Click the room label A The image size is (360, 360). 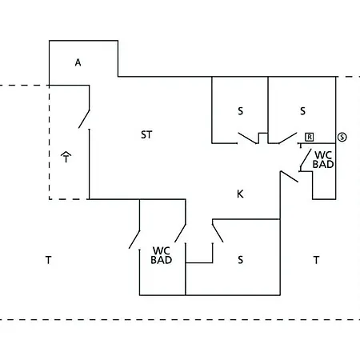(78, 62)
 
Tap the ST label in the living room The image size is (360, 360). (146, 134)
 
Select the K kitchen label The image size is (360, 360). (240, 194)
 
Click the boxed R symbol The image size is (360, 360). (310, 137)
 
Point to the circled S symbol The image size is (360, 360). (342, 138)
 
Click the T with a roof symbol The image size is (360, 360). (66, 157)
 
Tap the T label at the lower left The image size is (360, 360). (48, 260)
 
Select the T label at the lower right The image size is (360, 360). (316, 260)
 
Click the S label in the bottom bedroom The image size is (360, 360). (241, 260)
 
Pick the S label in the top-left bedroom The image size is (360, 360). (241, 111)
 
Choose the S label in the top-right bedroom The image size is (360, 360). (302, 111)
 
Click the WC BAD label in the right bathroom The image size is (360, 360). (323, 160)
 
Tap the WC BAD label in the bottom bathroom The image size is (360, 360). (162, 255)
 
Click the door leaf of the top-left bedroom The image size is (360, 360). (248, 138)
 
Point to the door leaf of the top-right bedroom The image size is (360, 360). (288, 138)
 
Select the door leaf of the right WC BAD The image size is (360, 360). (306, 158)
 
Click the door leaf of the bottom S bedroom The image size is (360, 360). (218, 234)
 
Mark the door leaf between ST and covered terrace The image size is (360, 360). (84, 119)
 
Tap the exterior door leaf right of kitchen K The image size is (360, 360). (290, 177)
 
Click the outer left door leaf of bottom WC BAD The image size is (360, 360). (134, 239)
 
